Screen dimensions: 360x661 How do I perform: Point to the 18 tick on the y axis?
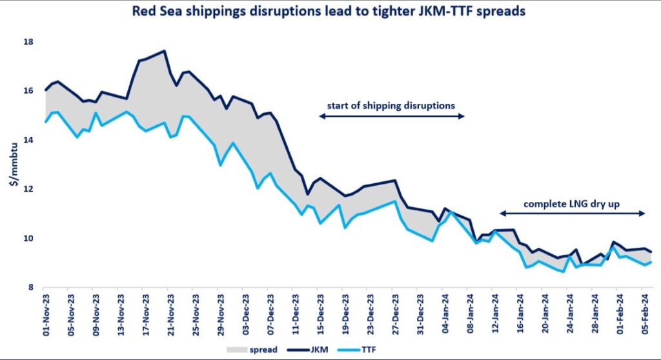click(x=28, y=42)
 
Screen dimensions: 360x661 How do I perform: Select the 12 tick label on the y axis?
click(x=28, y=189)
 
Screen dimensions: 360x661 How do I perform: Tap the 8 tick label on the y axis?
click(x=31, y=287)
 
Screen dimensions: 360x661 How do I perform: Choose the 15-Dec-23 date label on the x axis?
click(x=318, y=315)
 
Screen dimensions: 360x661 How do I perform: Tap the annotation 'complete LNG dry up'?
click(x=572, y=203)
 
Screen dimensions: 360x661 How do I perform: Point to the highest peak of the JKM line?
click(x=165, y=50)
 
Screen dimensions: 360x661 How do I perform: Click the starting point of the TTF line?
click(x=45, y=121)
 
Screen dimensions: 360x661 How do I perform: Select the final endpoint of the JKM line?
click(x=651, y=252)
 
